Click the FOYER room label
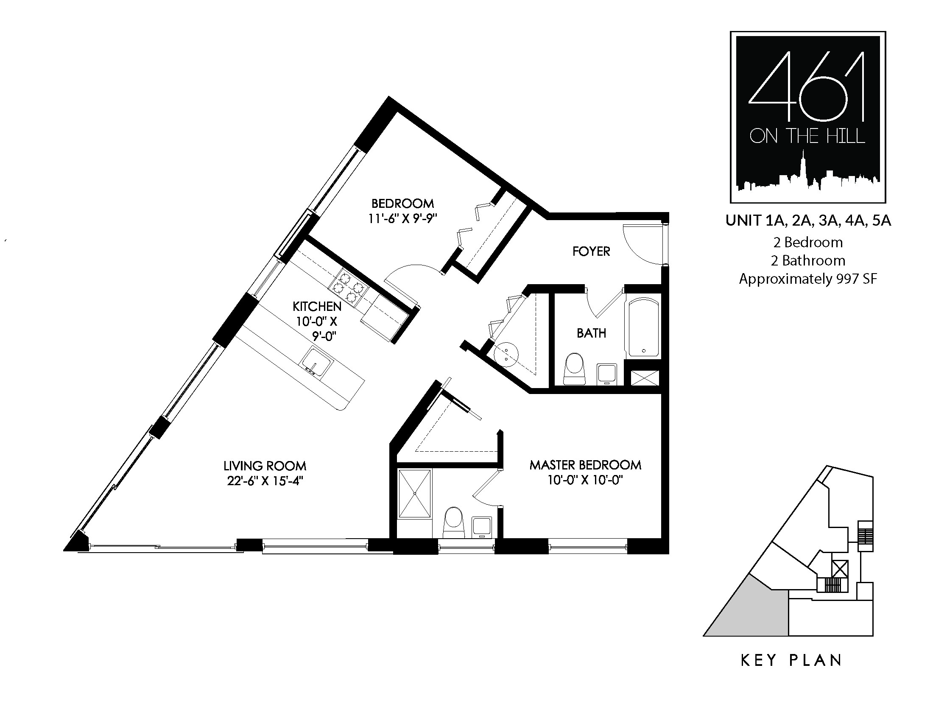point(591,251)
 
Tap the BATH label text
point(591,333)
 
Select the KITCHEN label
point(317,306)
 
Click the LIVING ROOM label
point(265,466)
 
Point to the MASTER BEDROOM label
point(585,465)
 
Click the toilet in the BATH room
point(574,369)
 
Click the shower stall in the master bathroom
point(414,494)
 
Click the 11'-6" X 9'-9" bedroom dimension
point(403,219)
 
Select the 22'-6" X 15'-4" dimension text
point(265,481)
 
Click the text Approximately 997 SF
point(808,279)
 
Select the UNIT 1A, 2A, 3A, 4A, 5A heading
point(808,221)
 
